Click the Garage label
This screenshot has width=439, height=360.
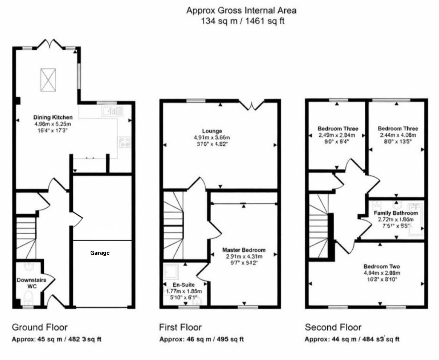[x=100, y=253]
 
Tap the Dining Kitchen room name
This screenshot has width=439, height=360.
[x=53, y=117]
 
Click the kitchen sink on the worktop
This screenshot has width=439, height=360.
[x=113, y=110]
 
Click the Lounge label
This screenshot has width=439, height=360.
[x=212, y=131]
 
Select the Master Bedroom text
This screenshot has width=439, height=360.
[x=244, y=250]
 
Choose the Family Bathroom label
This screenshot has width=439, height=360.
[x=396, y=213]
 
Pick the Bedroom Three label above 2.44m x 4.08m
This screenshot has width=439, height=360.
[x=398, y=129]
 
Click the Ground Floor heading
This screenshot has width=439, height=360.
[x=40, y=327]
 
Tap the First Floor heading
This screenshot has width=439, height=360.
[x=180, y=327]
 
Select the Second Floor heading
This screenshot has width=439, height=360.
[x=333, y=327]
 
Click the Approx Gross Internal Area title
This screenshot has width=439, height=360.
[x=241, y=10]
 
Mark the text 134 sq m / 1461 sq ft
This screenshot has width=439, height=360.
[x=243, y=21]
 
